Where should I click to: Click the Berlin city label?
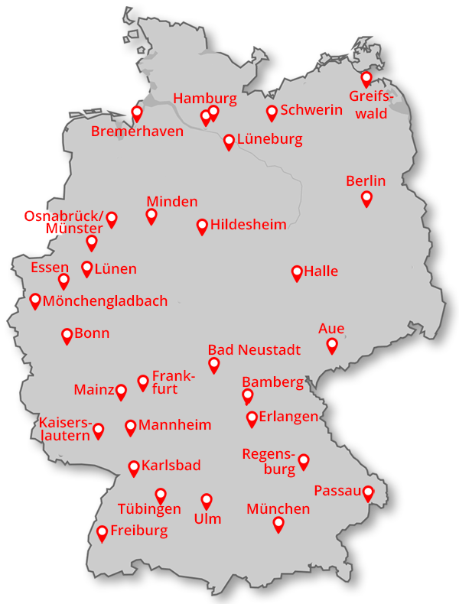(366, 181)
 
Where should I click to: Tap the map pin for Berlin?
(366, 198)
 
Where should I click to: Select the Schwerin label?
(311, 110)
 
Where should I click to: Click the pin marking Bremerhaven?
(137, 113)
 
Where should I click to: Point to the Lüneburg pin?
(229, 141)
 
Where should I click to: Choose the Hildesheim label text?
(248, 225)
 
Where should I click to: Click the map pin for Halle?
(297, 273)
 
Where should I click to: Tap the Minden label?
(172, 202)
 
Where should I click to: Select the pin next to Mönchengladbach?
(35, 300)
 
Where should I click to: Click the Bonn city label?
(92, 333)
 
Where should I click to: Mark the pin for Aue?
(332, 345)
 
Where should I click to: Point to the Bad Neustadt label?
(254, 350)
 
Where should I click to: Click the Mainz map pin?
(121, 391)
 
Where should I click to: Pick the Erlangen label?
(288, 417)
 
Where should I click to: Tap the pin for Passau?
(368, 493)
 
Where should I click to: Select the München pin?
(278, 524)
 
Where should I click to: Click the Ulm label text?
(207, 519)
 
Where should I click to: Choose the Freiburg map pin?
(102, 533)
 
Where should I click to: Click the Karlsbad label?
(171, 466)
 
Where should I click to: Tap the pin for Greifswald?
(366, 78)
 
